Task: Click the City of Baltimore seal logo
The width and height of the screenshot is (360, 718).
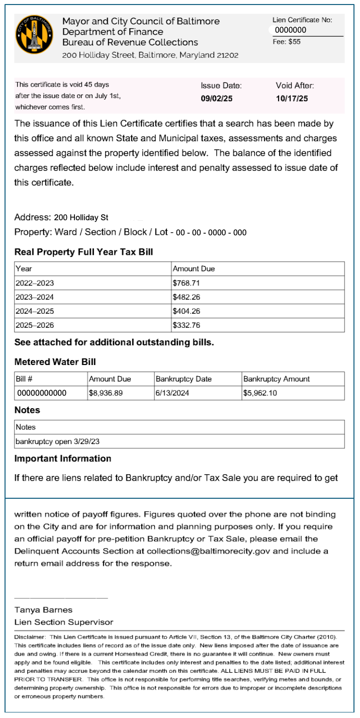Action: coord(34,34)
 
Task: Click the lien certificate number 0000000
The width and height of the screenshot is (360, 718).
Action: coord(291,30)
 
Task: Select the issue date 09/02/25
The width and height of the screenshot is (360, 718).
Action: coord(216,99)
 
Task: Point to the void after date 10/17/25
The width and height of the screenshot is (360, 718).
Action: coord(292,99)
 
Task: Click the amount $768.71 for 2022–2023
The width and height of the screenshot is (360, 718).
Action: coord(186,283)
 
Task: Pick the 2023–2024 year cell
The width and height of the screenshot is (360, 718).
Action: coord(35,297)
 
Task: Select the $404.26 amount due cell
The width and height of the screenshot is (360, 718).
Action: coord(186,311)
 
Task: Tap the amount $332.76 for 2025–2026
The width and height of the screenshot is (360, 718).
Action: coord(186,325)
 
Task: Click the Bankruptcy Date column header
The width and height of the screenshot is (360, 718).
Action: coord(184,379)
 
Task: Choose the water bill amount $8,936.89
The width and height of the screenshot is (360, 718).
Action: coord(106,393)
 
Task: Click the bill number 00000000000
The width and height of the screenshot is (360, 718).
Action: coord(42,393)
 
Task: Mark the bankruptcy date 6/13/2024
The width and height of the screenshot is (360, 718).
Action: coord(172,393)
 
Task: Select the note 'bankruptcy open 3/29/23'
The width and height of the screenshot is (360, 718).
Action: coord(54,441)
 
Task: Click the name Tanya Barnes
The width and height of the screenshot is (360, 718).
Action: coord(43,610)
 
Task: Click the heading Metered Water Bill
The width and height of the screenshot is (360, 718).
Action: coord(55,362)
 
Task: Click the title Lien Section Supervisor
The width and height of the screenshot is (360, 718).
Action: coord(64,622)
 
